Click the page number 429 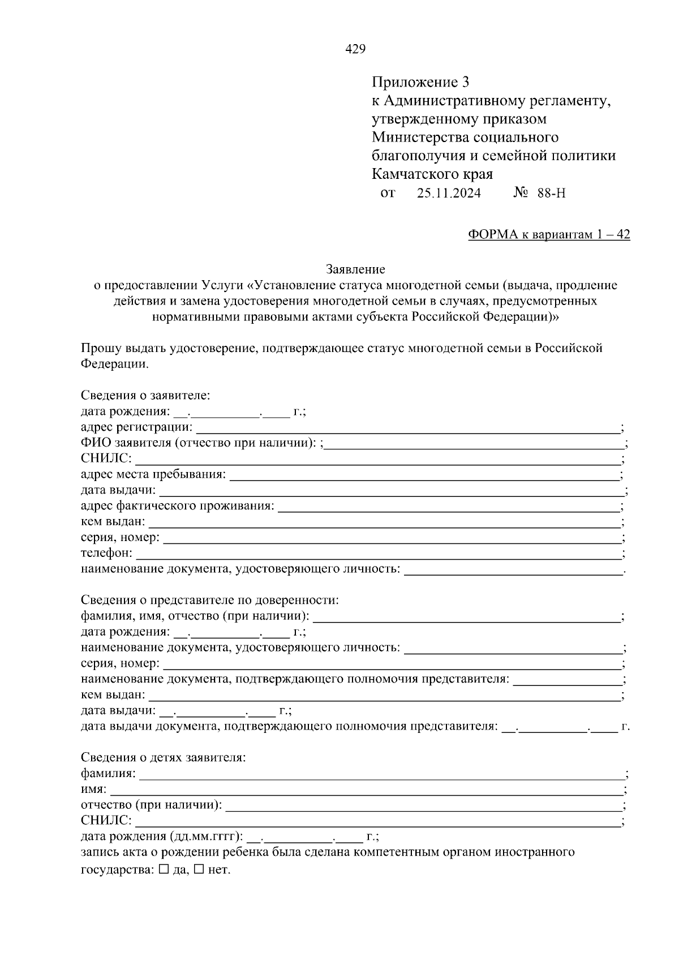[x=355, y=49]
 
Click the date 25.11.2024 [x=449, y=194]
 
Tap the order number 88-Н [x=551, y=194]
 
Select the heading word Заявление [x=355, y=269]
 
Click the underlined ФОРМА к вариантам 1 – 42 [x=549, y=235]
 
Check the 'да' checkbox [x=164, y=870]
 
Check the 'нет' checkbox [x=199, y=870]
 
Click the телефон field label [x=106, y=553]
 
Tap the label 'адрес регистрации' [x=136, y=427]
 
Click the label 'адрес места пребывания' [x=153, y=474]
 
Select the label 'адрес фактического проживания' [x=177, y=505]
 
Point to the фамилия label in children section [x=108, y=773]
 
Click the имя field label [x=93, y=789]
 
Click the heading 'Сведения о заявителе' [x=145, y=395]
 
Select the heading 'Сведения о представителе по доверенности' [x=209, y=600]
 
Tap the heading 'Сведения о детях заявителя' [x=163, y=757]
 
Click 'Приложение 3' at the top [x=420, y=83]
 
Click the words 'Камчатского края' [x=432, y=174]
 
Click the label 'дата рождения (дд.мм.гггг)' [x=162, y=836]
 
